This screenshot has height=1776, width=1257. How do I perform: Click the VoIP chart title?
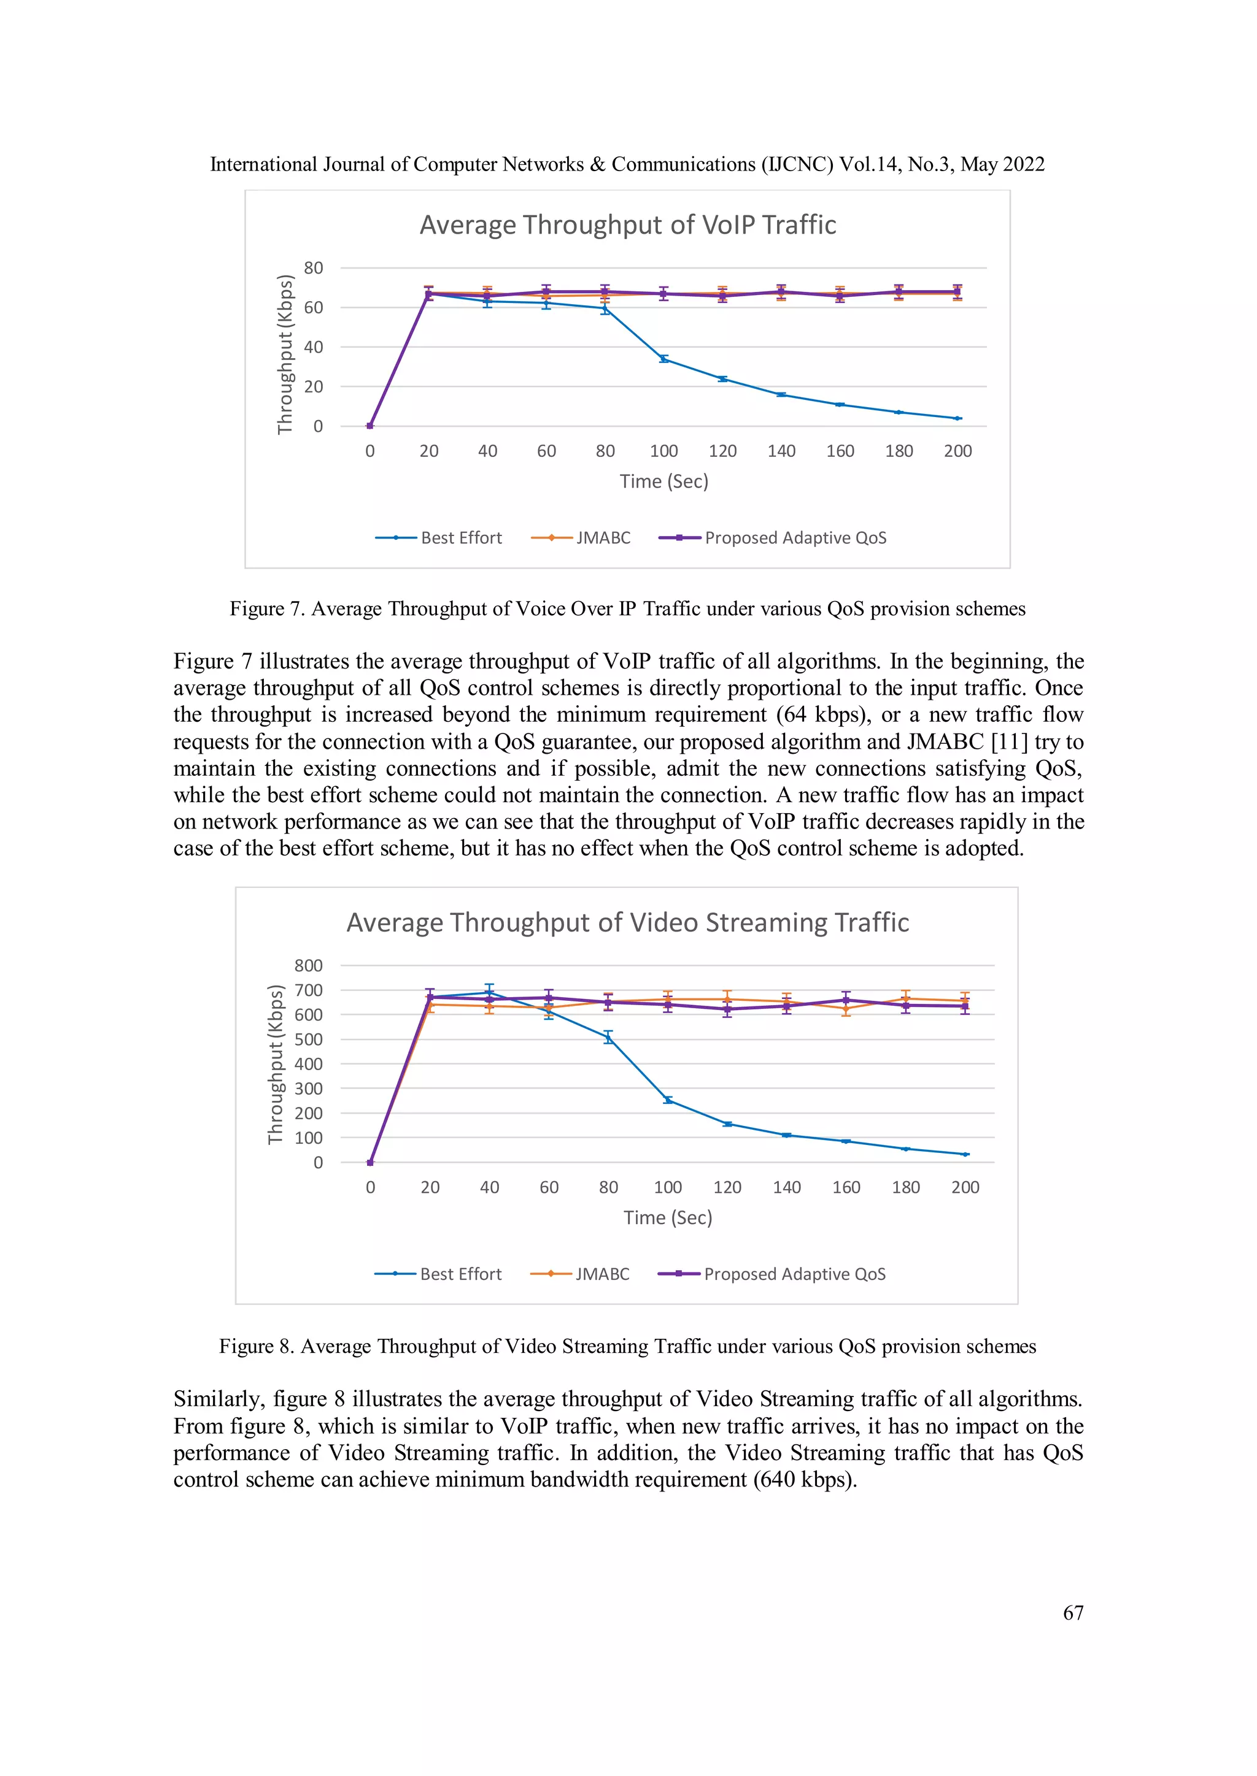(628, 225)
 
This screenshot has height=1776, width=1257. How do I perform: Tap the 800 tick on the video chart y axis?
(308, 965)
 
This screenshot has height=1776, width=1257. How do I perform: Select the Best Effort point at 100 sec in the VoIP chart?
(663, 359)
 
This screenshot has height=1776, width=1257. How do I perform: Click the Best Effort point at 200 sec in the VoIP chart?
(957, 418)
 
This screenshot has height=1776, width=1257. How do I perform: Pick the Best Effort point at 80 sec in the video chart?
(608, 1037)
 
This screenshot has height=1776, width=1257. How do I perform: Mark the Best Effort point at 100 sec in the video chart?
(668, 1100)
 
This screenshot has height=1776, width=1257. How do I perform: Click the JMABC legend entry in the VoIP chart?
(581, 538)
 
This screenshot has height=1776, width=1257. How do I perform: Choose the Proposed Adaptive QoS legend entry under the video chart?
(772, 1274)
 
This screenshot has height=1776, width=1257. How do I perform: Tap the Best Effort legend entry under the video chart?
(438, 1274)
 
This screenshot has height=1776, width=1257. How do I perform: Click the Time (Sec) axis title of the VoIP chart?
(663, 481)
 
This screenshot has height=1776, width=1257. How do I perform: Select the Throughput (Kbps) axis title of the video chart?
(276, 1065)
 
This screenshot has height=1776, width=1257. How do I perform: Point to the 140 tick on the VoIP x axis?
(781, 451)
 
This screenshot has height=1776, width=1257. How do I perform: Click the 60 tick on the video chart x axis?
(549, 1187)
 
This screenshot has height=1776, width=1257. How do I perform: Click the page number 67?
(1073, 1613)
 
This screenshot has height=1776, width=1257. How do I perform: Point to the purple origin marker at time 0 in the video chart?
(370, 1163)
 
